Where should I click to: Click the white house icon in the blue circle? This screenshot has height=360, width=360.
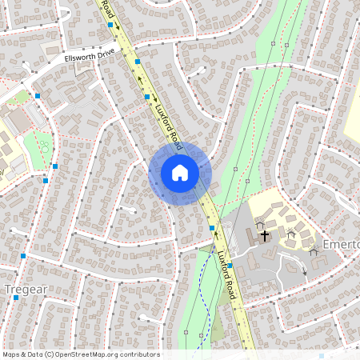[x=179, y=172]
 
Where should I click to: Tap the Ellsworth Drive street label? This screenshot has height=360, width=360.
[x=90, y=58]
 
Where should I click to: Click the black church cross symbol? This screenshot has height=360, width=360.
[x=265, y=236]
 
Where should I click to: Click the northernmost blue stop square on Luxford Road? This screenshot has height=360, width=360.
[x=110, y=26]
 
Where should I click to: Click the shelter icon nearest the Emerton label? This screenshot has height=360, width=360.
[x=313, y=249]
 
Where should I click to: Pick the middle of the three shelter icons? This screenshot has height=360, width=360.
[x=291, y=234]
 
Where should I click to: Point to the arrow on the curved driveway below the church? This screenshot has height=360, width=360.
[x=304, y=270]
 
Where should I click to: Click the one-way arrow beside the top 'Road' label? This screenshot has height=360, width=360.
[x=117, y=25]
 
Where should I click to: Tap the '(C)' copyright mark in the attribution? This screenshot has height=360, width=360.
[x=50, y=354]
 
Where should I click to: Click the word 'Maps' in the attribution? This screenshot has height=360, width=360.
[x=11, y=354]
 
